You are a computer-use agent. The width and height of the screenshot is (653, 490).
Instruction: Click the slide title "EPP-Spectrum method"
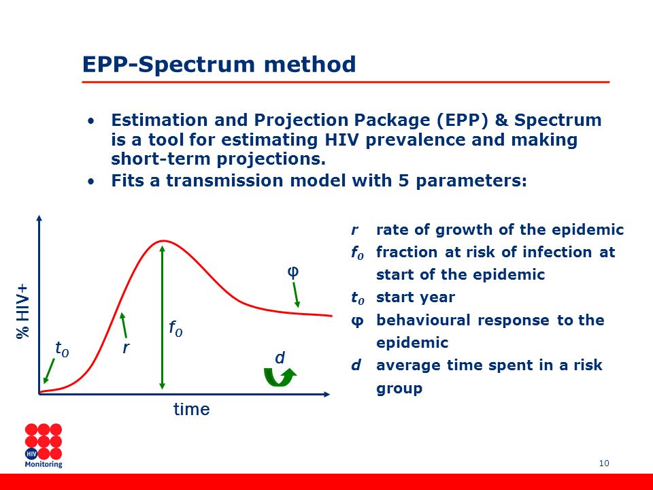click(x=219, y=65)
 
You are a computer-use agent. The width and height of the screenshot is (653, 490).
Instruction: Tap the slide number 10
click(x=604, y=463)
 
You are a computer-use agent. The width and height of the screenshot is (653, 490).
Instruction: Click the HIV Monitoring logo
click(x=44, y=446)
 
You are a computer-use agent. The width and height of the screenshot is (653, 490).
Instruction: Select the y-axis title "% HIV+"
click(x=23, y=312)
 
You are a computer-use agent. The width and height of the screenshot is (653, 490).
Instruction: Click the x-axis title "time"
click(x=192, y=409)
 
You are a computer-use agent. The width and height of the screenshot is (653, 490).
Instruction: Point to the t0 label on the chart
click(x=62, y=348)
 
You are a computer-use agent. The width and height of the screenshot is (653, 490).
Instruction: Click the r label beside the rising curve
click(x=126, y=348)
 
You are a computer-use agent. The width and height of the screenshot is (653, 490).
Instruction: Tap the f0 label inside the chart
click(x=175, y=328)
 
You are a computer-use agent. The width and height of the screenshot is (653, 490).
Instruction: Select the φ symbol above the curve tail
click(x=293, y=272)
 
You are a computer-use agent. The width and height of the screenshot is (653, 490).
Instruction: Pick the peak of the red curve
click(x=163, y=241)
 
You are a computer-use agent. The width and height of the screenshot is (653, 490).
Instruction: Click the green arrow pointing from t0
click(x=49, y=371)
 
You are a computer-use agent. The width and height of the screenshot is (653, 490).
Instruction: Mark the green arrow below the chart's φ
click(x=296, y=295)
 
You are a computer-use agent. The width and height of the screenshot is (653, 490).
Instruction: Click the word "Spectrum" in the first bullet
click(x=558, y=120)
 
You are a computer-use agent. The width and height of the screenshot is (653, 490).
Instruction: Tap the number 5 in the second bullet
click(x=403, y=180)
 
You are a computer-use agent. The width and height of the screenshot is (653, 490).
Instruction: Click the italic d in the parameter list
click(x=356, y=365)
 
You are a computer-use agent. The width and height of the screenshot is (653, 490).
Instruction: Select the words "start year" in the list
click(x=416, y=297)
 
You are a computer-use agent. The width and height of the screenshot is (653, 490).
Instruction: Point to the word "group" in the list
click(x=399, y=389)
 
